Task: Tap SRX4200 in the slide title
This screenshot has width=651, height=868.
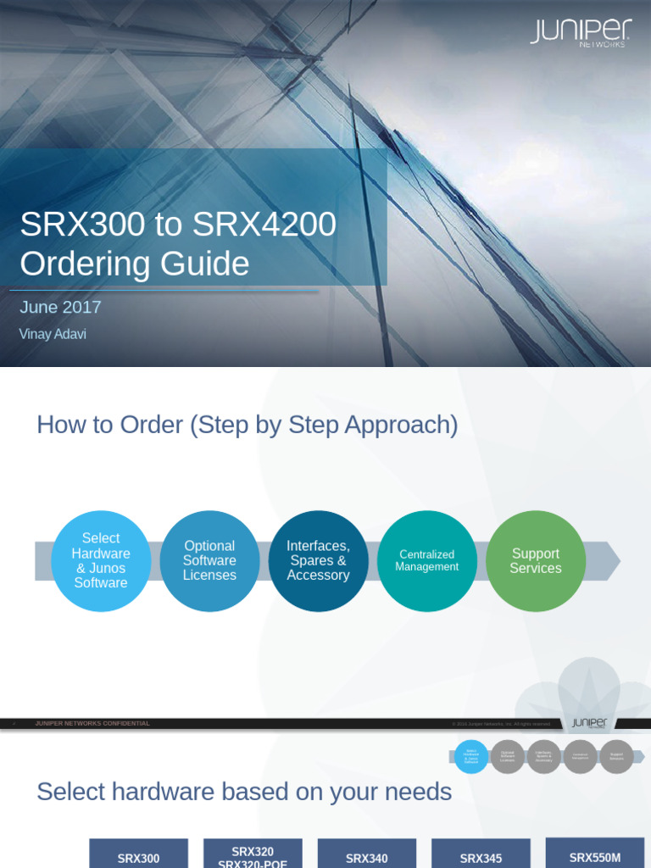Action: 264,224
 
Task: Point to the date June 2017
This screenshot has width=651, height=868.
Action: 60,308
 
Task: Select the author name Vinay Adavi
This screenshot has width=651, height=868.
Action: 53,334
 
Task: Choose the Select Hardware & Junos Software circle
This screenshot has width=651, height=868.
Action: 101,560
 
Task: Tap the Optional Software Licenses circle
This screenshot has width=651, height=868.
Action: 209,560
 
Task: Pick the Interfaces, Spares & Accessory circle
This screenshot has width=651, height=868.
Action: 318,560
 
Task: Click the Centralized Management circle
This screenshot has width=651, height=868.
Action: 426,560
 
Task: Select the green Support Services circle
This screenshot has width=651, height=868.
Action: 535,560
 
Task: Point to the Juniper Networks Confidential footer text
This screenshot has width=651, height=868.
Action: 92,724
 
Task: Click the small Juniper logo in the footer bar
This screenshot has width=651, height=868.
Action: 589,723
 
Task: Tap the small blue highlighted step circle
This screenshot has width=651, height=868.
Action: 471,756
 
